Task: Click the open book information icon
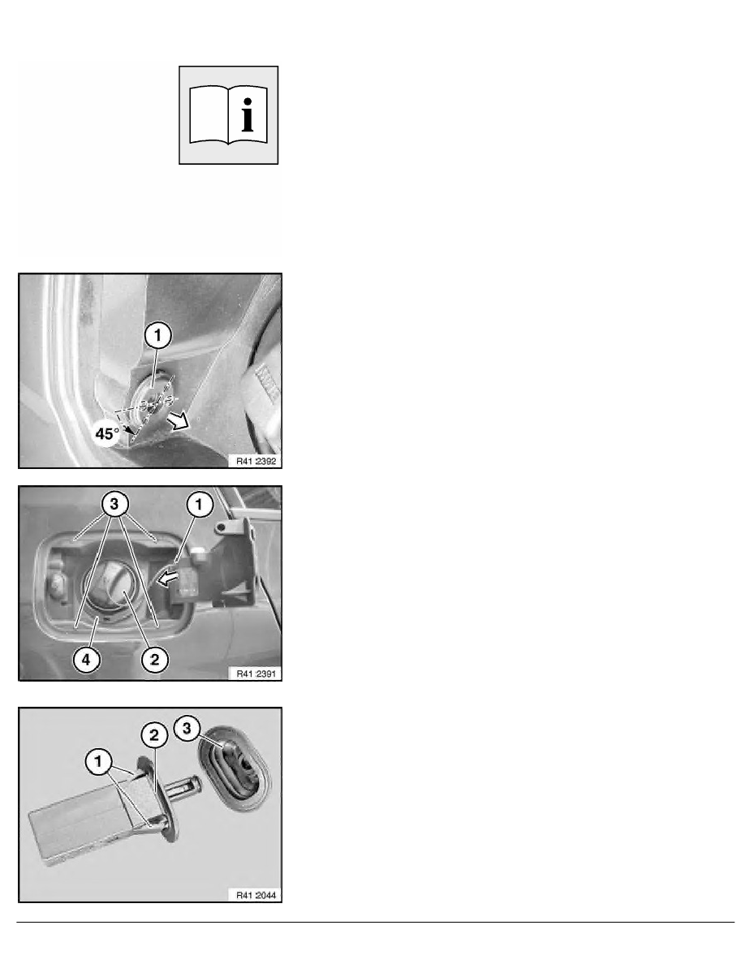coord(228,115)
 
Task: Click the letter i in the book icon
coord(248,115)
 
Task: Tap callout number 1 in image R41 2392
coord(158,336)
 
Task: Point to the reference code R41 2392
coord(256,461)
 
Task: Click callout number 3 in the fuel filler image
coord(114,505)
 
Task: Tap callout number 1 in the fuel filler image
coord(199,505)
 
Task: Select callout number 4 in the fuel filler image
coord(86,660)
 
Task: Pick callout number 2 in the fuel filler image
coord(154,660)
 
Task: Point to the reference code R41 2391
coord(256,674)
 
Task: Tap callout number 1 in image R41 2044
coord(98,762)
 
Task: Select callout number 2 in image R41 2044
coord(154,734)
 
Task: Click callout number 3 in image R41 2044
coord(187,729)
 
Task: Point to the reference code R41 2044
coord(256,895)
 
